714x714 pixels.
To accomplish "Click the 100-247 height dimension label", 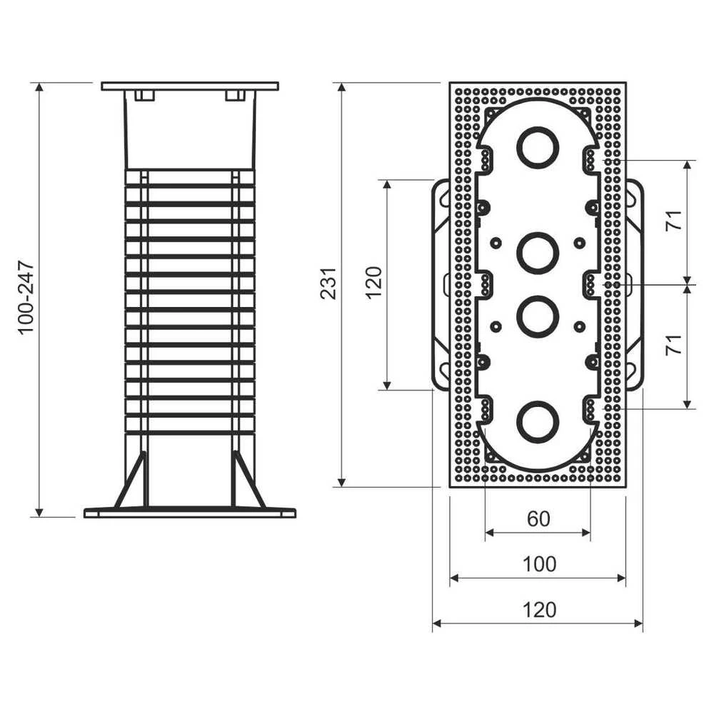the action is tap(26, 298).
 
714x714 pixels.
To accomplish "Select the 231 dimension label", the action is tap(328, 283).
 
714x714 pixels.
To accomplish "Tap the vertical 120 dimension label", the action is tap(373, 282).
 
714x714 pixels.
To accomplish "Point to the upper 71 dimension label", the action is tap(673, 221).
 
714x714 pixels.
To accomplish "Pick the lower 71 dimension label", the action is tap(673, 345).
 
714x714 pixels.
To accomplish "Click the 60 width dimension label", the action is tap(538, 518).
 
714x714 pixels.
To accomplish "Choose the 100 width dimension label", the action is tap(539, 564).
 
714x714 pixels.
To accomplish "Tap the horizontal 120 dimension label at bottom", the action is tap(539, 610).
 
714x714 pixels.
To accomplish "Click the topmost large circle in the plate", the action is tap(538, 148).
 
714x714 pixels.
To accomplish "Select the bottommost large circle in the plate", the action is tap(538, 422).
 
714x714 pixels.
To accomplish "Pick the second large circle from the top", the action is tap(538, 253).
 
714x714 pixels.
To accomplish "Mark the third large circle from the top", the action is tap(538, 316).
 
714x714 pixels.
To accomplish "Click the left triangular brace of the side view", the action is tap(131, 480).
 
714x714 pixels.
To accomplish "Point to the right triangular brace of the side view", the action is tap(248, 480).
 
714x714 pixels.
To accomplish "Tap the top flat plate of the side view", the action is tap(190, 86).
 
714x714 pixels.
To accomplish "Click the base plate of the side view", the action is tap(190, 513).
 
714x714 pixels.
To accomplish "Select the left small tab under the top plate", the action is tap(145, 96).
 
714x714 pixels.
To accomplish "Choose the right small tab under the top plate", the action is tap(235, 96).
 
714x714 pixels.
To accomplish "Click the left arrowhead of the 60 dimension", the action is tap(490, 533).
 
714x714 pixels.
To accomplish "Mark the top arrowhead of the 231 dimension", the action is tap(342, 87).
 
